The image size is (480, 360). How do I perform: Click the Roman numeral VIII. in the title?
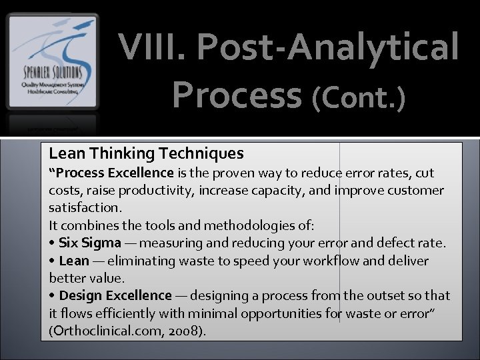(151, 49)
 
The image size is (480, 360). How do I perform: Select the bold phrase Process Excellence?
(114, 173)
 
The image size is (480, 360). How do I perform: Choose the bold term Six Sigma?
(90, 243)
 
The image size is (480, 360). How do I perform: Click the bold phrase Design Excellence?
(115, 295)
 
